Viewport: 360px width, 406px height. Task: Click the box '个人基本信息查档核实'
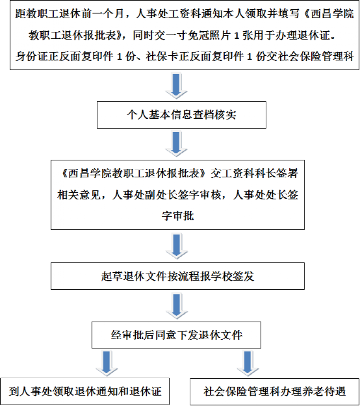(181, 115)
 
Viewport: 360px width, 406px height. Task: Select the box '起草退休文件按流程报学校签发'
(177, 276)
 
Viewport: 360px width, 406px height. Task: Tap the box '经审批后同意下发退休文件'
(176, 335)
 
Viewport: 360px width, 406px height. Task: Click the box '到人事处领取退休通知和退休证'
(85, 391)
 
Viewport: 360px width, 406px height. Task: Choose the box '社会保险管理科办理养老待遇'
(274, 392)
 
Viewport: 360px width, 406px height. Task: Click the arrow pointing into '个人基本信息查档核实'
(176, 86)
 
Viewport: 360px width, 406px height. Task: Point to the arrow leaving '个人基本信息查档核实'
(176, 144)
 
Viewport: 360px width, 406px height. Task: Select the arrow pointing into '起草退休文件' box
(177, 246)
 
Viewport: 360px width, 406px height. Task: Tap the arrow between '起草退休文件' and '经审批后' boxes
(177, 306)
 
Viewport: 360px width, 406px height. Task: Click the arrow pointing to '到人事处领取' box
(107, 363)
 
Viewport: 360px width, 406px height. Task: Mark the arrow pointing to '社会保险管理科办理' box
(248, 363)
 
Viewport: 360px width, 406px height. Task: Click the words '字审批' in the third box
(177, 216)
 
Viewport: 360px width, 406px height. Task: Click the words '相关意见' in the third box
(79, 195)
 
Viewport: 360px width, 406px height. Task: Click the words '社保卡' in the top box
(162, 57)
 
